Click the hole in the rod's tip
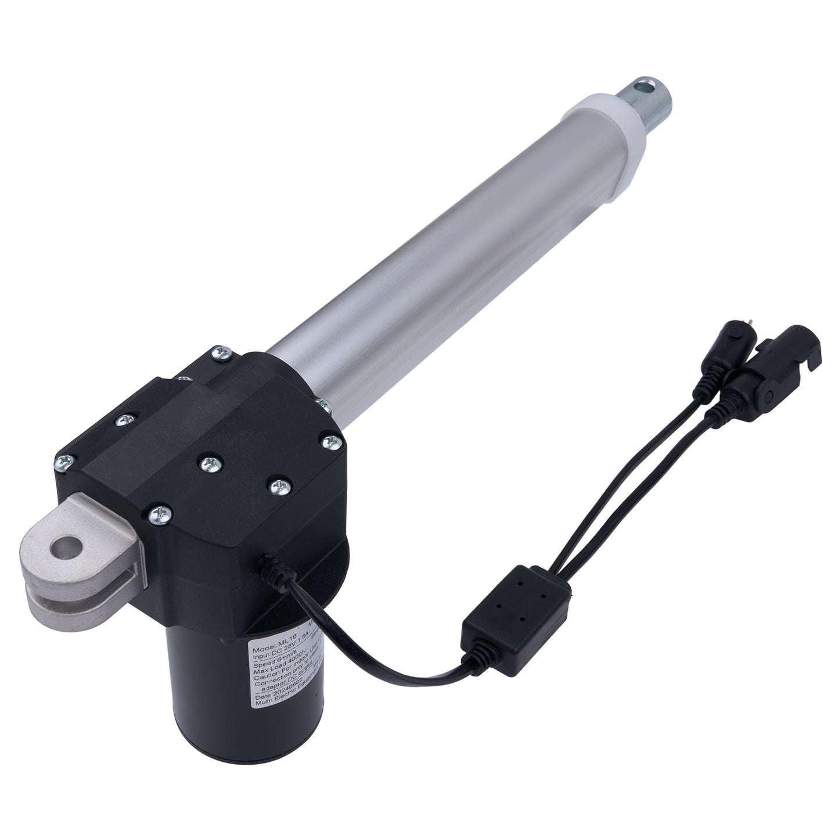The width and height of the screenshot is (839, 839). [641, 88]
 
